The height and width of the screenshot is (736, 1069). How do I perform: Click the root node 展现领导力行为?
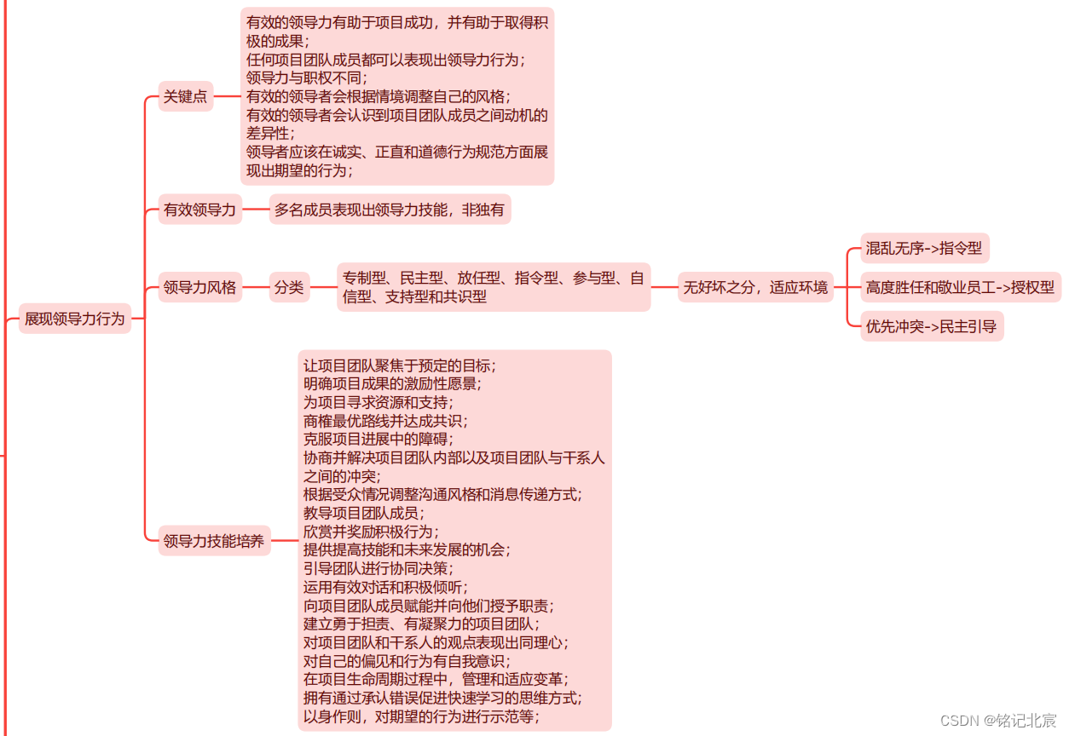click(75, 319)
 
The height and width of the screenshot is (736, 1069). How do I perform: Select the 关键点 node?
click(185, 96)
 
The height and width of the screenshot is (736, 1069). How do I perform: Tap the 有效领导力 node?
click(199, 209)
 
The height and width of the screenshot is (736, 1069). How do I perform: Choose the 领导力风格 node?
click(199, 287)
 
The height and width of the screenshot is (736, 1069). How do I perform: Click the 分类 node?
click(289, 287)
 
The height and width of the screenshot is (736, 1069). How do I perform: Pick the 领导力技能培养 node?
click(214, 541)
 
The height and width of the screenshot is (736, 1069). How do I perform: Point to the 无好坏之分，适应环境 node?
click(755, 287)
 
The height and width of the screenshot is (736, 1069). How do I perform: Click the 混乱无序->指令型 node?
click(924, 248)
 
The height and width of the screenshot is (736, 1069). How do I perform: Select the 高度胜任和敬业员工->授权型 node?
click(960, 287)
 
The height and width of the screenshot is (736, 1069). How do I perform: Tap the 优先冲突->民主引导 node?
click(931, 326)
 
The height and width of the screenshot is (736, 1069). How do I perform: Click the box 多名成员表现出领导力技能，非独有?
click(390, 209)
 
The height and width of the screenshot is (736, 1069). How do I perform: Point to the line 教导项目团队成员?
click(363, 513)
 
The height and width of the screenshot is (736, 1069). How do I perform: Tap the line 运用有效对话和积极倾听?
click(385, 587)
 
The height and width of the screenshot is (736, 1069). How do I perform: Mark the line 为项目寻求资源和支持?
click(378, 402)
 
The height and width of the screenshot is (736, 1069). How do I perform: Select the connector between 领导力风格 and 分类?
click(256, 287)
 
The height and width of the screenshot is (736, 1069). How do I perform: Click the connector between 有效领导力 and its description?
click(256, 209)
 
